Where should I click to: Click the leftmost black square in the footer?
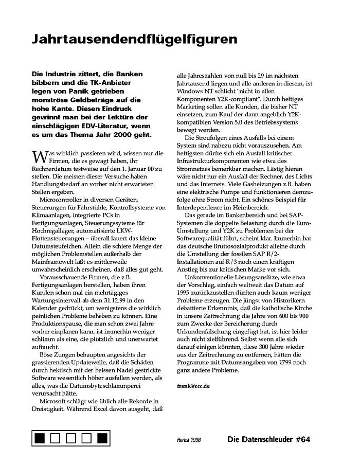pyautogui.click(x=40, y=439)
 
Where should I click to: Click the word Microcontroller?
pyautogui.click(x=63, y=200)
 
